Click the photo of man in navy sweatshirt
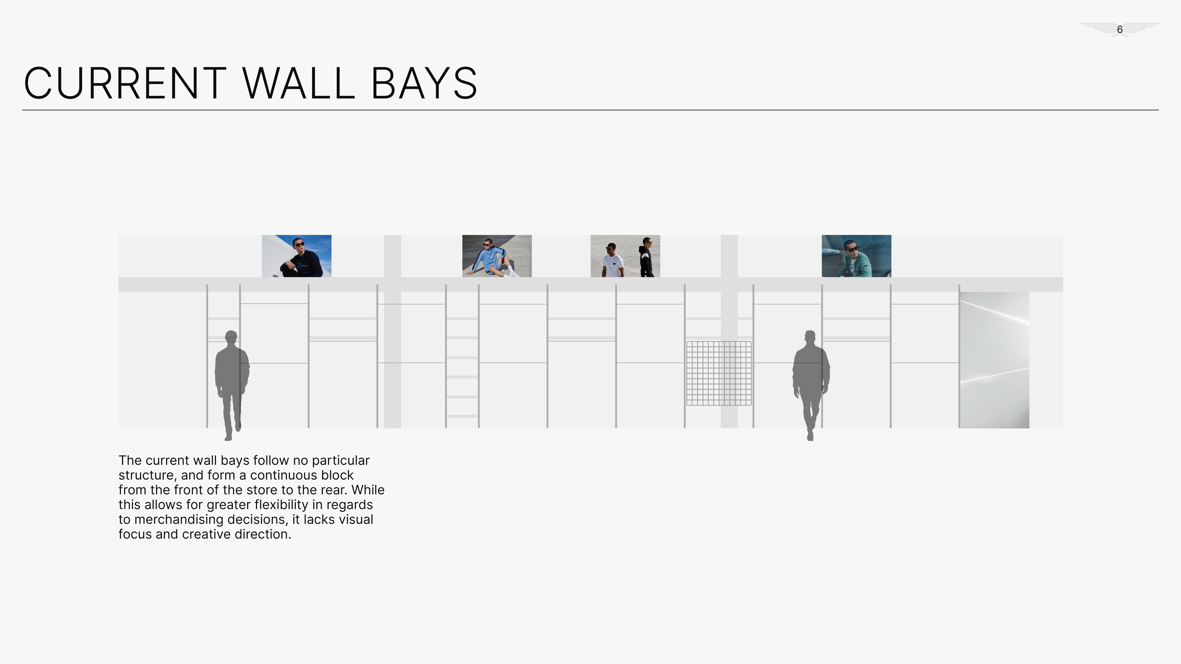[x=297, y=256]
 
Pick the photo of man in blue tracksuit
[x=497, y=256]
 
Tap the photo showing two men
[x=625, y=256]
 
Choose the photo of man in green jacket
[x=856, y=256]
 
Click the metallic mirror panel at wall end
[x=994, y=360]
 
